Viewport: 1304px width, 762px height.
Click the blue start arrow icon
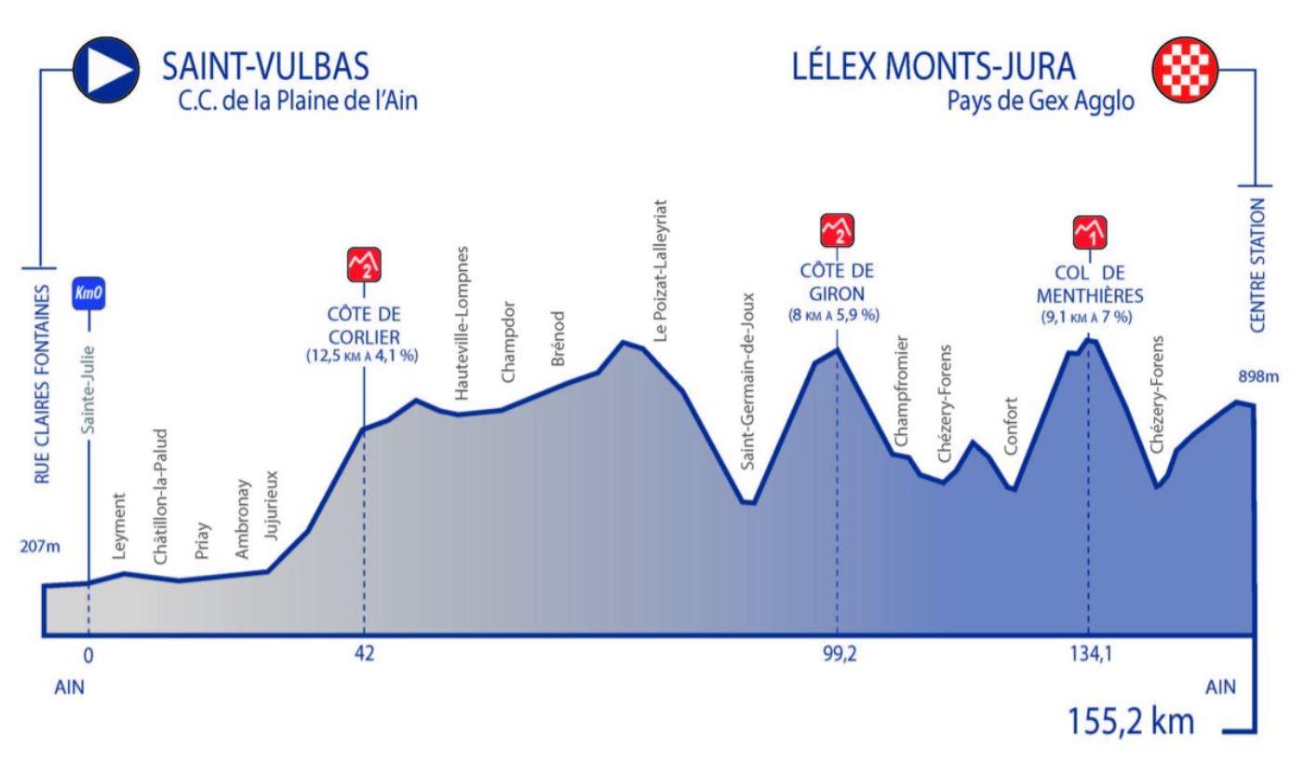106,71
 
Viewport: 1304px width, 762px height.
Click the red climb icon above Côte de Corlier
364,266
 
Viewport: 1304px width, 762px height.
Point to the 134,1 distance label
1087,654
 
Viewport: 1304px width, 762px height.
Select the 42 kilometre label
364,654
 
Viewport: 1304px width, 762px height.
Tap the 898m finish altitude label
1258,376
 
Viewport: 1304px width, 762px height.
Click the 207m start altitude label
39,546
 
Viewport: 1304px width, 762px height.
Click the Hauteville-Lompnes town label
462,324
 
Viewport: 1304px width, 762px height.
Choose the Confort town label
1012,427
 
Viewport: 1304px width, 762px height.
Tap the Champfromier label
901,390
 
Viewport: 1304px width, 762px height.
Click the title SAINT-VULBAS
265,67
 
